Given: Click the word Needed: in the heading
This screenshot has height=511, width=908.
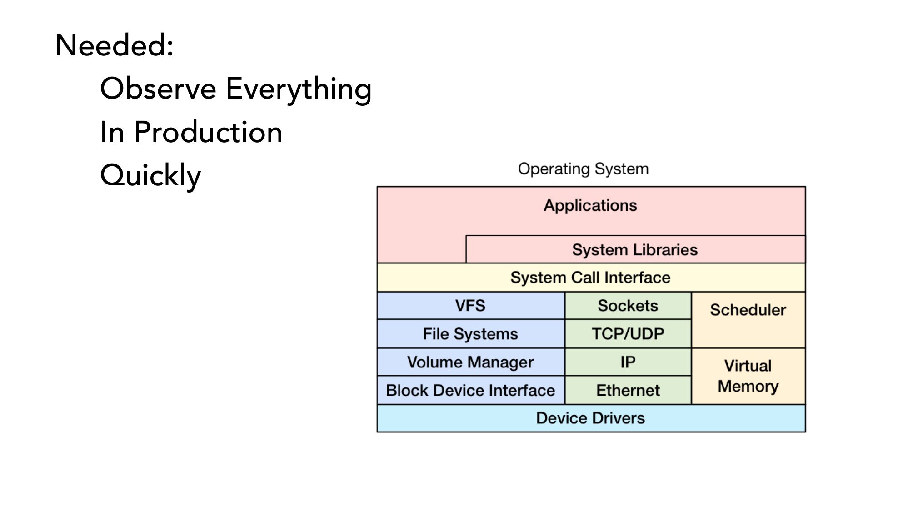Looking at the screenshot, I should pos(114,45).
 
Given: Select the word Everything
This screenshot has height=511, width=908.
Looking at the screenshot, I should pos(299,89).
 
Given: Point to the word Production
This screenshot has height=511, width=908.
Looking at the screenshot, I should pos(208,132).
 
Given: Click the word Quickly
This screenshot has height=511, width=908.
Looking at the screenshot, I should pos(150,176).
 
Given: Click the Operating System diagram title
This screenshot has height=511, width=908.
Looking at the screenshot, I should pos(583,169).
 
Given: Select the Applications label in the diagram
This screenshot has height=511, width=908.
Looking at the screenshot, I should pos(590,206).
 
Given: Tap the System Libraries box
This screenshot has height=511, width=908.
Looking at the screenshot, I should pos(635,250).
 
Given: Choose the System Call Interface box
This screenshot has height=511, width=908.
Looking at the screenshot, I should pos(590,278).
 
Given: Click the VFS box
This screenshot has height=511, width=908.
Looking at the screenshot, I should pos(470,306).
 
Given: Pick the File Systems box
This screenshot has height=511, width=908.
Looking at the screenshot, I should pos(470,334).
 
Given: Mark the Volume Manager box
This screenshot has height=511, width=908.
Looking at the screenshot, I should pos(470,362).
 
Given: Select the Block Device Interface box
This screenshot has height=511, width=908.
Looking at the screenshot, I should pos(470,390).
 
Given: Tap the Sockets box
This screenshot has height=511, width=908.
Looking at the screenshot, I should pos(628,306).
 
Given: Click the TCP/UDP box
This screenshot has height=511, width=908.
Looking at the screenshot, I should pos(628,334).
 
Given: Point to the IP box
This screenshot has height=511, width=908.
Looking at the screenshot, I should pos(628,362).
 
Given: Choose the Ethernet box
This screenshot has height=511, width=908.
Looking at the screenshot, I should pos(628,390).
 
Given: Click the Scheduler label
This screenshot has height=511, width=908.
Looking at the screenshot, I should pos(748,310).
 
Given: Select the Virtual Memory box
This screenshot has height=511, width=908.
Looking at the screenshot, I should pos(748,376).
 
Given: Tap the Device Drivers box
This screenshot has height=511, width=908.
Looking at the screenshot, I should pos(590,418).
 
